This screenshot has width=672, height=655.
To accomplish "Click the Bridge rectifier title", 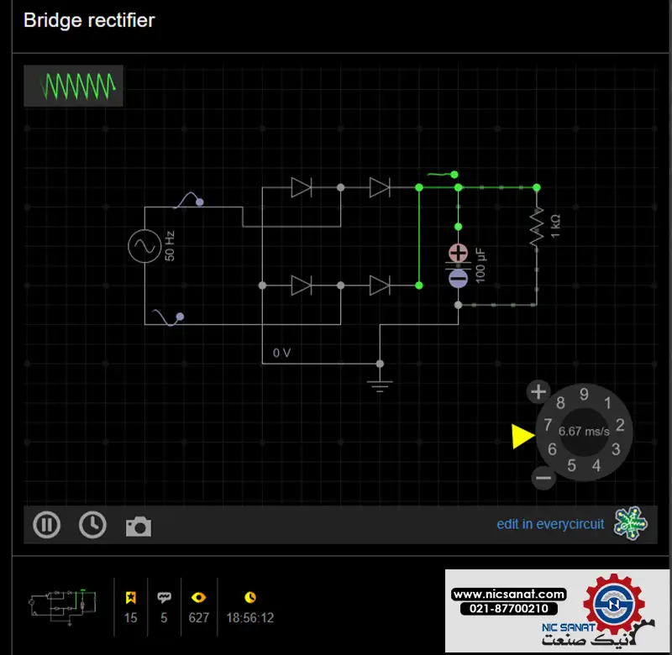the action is [89, 20].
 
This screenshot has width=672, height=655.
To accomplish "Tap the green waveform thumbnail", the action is [73, 86].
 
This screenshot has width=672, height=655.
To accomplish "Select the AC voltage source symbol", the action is [144, 246].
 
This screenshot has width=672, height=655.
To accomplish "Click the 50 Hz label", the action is [170, 246].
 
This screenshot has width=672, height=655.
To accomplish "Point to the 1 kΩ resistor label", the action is [555, 227].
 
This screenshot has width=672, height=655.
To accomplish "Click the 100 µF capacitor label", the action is [480, 265].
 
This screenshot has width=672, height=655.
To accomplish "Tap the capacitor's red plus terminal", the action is [458, 253].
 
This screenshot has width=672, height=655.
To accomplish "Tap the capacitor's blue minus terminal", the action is [458, 279].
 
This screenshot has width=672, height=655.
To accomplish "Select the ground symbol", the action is [380, 385].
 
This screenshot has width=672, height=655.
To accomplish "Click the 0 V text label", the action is [281, 353].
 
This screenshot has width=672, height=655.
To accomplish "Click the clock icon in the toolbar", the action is [92, 524].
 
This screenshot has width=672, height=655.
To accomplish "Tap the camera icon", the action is [139, 527].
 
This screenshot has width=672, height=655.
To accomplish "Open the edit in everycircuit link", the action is [550, 524].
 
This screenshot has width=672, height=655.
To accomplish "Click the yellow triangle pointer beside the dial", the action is [522, 436].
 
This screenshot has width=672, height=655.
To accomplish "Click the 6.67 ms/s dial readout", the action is [584, 432].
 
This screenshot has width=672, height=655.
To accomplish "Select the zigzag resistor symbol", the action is [537, 228].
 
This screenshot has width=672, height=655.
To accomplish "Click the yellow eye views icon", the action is [198, 597].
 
